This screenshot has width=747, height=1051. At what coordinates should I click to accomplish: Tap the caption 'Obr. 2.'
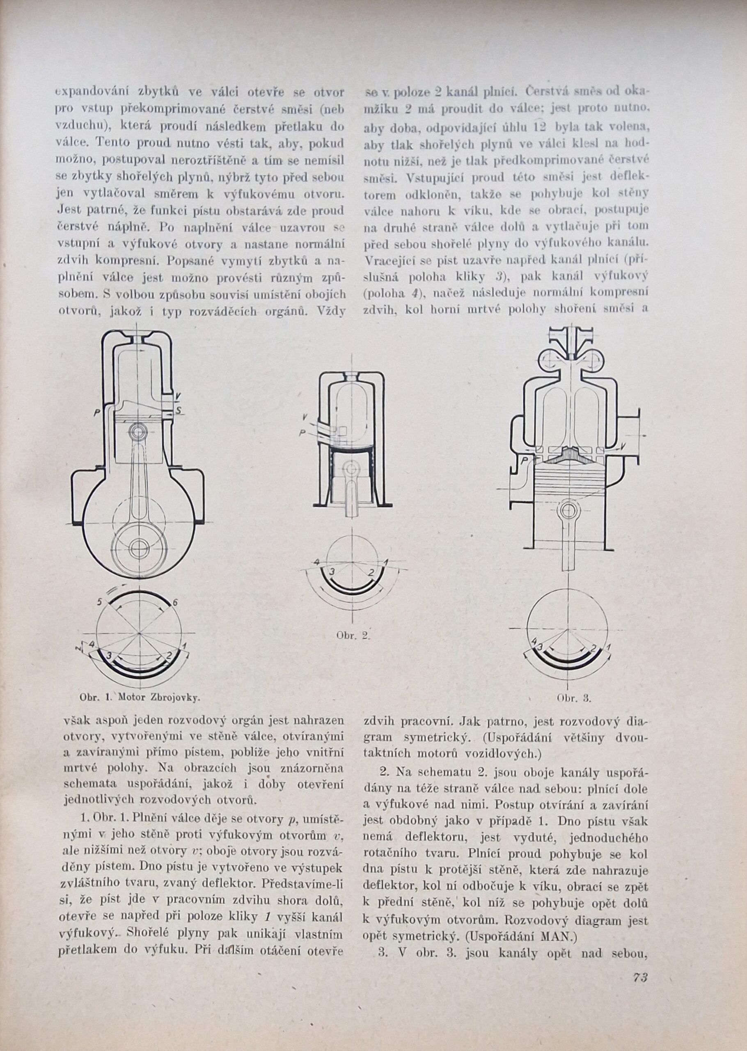pyautogui.click(x=353, y=636)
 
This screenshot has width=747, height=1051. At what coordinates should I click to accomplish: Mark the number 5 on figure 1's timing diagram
pyautogui.click(x=99, y=601)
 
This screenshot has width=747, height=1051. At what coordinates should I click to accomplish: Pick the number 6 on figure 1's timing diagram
pyautogui.click(x=175, y=603)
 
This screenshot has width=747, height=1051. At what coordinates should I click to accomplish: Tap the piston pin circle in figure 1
pyautogui.click(x=137, y=432)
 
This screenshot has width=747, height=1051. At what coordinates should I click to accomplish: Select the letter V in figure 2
pyautogui.click(x=305, y=417)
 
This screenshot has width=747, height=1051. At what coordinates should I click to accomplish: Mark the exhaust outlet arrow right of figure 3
pyautogui.click(x=644, y=435)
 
